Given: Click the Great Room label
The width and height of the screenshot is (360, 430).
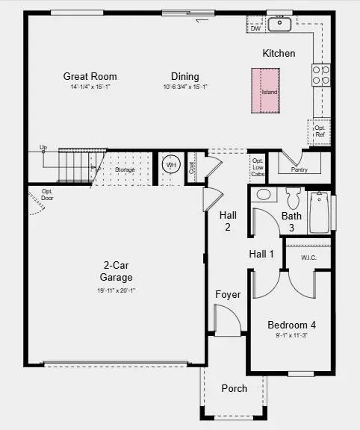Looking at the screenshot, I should tap(90, 76).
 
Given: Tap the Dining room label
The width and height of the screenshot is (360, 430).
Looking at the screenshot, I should tap(184, 76).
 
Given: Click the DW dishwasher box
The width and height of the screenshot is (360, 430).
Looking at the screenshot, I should tap(255, 28).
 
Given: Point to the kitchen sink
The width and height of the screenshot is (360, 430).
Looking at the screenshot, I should tap(280, 25).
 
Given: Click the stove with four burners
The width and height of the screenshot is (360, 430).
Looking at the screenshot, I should tap(321, 74).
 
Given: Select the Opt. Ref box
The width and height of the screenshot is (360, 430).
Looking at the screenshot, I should tap(320, 132).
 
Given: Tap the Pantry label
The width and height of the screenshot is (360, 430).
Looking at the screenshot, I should tap(298, 169).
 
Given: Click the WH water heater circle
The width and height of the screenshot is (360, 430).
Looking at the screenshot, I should tap(171, 165).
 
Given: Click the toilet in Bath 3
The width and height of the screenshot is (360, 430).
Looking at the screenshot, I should tap(293, 198).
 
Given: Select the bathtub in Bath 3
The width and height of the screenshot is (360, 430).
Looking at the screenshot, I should tap(320, 212).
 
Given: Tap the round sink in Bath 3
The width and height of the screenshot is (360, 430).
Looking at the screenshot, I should tap(263, 195).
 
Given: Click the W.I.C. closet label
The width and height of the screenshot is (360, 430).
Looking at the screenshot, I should tap(309, 258).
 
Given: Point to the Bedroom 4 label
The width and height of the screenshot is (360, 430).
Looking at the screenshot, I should tap(291, 325).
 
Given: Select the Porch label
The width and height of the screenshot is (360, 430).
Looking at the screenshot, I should tap(234, 388).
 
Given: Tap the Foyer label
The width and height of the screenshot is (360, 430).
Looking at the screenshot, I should tap(228, 294).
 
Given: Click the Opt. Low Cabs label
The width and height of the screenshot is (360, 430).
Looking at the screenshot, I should tap(257, 168).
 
